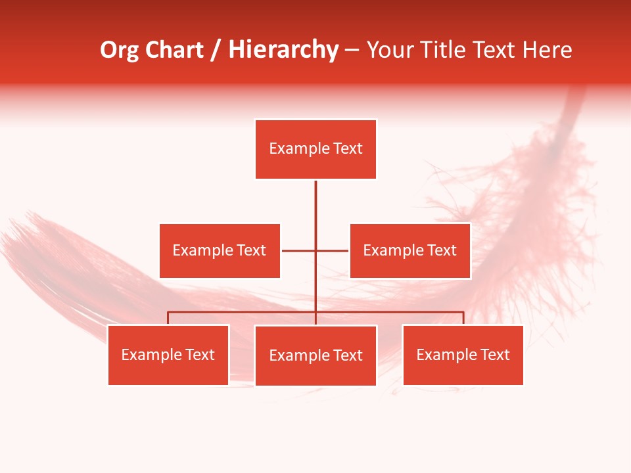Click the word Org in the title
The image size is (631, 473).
[x=119, y=50]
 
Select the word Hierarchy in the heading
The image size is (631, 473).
[x=283, y=50]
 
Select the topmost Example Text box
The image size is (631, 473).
[x=315, y=149]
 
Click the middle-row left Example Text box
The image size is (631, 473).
[x=220, y=251]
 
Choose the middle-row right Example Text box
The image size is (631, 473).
[x=409, y=251]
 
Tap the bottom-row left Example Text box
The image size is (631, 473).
[x=168, y=355]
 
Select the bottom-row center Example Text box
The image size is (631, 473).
[x=315, y=355]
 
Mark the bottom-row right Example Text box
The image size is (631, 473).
[x=463, y=355]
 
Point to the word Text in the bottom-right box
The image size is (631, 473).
[x=494, y=355]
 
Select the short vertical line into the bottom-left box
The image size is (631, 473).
[x=168, y=318]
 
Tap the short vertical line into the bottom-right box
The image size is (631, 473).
[x=463, y=318]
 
